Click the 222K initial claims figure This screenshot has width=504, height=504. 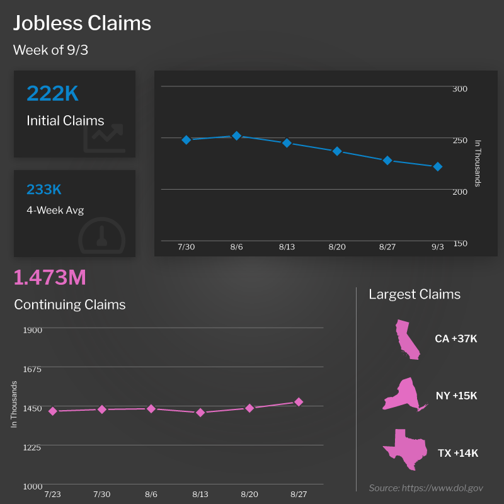[x=52, y=93]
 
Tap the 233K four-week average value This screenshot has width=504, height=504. [x=44, y=190]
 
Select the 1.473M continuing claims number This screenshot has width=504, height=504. [x=50, y=277]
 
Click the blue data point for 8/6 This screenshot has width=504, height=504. [x=236, y=135]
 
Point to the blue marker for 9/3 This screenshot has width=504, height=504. [x=437, y=166]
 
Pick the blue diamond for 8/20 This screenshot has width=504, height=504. [x=337, y=151]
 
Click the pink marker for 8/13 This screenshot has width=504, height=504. [x=200, y=413]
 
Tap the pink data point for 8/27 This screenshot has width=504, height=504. [x=299, y=402]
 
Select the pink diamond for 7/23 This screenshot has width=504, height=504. [x=53, y=411]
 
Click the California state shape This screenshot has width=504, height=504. [x=406, y=340]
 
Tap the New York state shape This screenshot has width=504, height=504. [x=403, y=396]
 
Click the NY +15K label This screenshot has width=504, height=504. [x=456, y=396]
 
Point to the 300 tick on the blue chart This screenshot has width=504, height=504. [x=460, y=89]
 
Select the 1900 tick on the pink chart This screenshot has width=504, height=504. [x=32, y=329]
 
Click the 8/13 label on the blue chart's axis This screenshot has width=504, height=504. [x=287, y=247]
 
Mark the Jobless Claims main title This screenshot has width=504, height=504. [x=82, y=23]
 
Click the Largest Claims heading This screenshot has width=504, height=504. [x=415, y=294]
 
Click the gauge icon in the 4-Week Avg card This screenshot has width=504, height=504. [x=102, y=236]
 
